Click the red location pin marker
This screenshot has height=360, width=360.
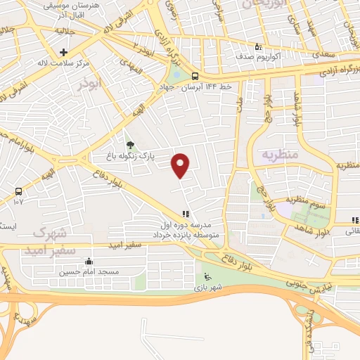181,165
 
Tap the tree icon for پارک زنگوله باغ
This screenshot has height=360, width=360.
129,146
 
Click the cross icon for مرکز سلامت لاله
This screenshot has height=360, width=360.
63,52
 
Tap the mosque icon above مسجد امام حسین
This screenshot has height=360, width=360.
88,262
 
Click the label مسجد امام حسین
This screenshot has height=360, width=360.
89,271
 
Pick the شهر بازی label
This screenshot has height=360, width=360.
209,287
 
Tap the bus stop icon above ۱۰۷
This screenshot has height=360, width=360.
18,191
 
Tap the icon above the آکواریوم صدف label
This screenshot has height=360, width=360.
258,46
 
